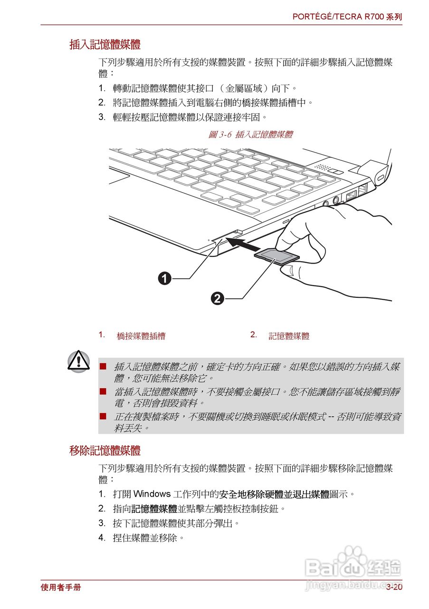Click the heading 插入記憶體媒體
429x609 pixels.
click(105, 45)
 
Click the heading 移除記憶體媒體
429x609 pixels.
click(105, 451)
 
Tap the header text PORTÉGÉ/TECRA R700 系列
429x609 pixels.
click(347, 17)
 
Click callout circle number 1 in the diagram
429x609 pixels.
click(165, 278)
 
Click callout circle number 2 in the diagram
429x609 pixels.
click(217, 299)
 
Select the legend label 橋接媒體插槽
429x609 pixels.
click(141, 336)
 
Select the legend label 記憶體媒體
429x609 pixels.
click(289, 336)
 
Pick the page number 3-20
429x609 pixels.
click(394, 587)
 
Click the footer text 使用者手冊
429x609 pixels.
click(61, 587)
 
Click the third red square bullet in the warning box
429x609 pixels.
click(103, 416)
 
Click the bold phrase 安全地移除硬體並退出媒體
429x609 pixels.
click(274, 494)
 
